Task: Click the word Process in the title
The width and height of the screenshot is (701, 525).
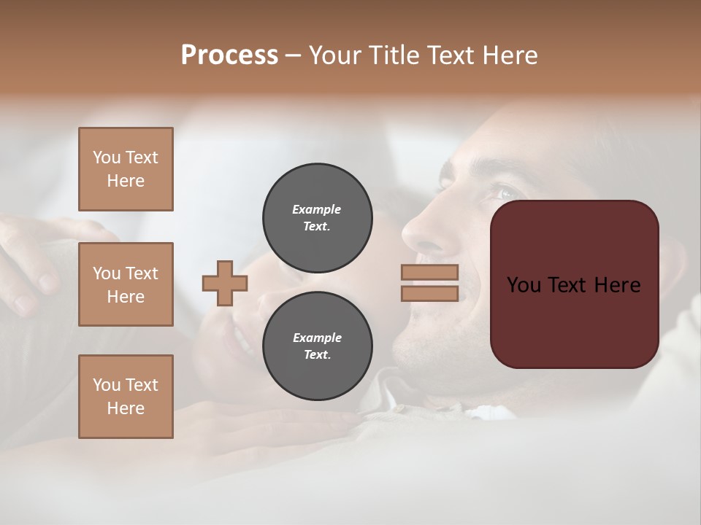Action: click(x=229, y=55)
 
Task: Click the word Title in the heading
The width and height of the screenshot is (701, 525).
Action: click(x=393, y=55)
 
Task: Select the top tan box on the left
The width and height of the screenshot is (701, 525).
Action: click(x=126, y=169)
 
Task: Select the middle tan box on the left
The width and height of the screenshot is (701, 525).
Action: click(x=126, y=284)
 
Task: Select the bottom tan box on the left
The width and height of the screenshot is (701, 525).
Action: click(x=126, y=396)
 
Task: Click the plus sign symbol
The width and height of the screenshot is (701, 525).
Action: click(x=225, y=283)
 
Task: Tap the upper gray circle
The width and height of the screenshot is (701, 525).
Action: click(x=318, y=217)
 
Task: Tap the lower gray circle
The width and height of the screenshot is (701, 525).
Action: click(x=318, y=346)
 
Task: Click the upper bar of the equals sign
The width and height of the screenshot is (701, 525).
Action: click(x=429, y=272)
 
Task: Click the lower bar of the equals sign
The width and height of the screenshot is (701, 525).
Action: click(x=429, y=293)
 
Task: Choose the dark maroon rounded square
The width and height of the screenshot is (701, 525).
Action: click(x=575, y=321)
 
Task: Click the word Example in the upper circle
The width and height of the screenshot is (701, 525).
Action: click(x=316, y=209)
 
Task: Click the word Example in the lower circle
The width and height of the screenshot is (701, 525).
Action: click(x=317, y=338)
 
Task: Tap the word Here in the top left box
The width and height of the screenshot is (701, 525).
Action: click(x=126, y=181)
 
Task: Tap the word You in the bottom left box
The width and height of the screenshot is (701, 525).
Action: click(x=107, y=385)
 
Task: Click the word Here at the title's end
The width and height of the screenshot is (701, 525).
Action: click(x=510, y=55)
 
